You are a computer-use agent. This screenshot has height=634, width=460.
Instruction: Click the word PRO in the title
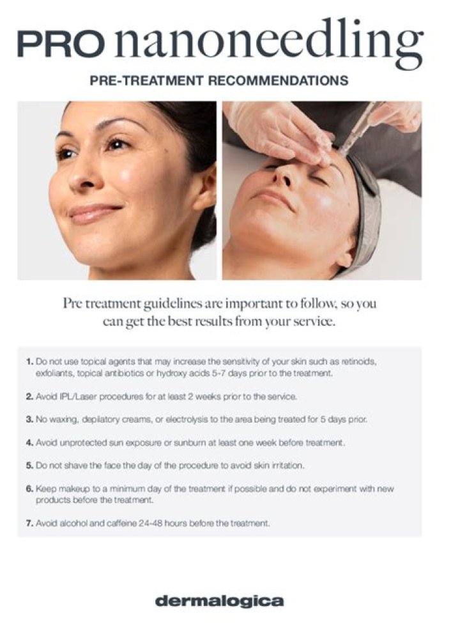(60, 44)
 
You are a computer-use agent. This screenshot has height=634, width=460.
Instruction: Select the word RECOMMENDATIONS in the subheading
(278, 80)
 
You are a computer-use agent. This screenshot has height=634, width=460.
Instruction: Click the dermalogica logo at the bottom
(220, 601)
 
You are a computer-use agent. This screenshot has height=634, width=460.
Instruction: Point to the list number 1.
(29, 361)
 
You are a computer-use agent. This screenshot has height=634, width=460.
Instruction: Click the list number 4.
(29, 442)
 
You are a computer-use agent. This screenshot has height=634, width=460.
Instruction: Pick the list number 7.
(29, 523)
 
